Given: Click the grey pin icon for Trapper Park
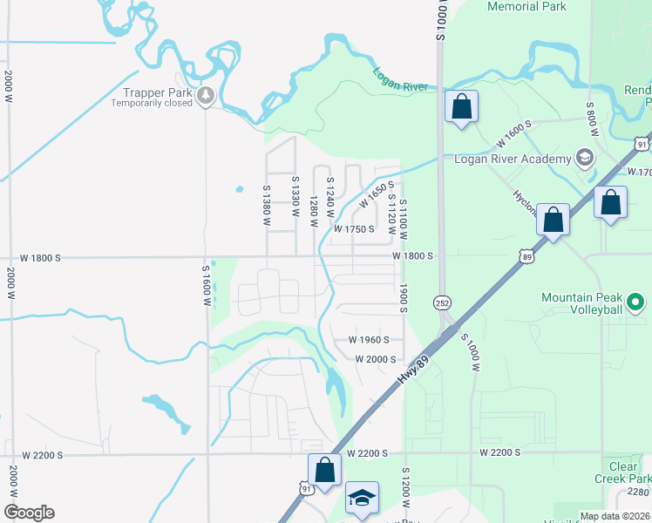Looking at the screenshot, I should (206, 94).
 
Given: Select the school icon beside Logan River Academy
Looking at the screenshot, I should (583, 158).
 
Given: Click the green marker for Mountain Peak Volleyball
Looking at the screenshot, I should (635, 303).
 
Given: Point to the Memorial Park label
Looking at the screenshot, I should (526, 7).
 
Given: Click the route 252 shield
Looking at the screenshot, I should (444, 301).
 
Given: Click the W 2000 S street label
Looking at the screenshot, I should (375, 359).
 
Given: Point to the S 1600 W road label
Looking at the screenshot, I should (207, 285).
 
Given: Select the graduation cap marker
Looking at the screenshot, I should (362, 498).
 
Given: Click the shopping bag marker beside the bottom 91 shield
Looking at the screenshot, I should (324, 470).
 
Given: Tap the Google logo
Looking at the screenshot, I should (29, 513).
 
